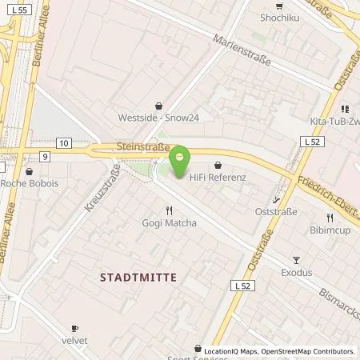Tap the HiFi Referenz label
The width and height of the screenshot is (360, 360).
pyautogui.click(x=217, y=180)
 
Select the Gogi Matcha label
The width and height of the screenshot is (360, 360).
pyautogui.click(x=169, y=223)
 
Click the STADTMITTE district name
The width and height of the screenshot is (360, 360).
pyautogui.click(x=138, y=276)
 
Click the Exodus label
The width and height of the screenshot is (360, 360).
pyautogui.click(x=296, y=273)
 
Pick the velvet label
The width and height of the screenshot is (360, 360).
pyautogui.click(x=75, y=342)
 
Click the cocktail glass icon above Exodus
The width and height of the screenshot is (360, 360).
pyautogui.click(x=296, y=259)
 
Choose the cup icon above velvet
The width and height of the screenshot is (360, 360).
pyautogui.click(x=75, y=328)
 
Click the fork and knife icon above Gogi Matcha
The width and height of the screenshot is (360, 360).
pyautogui.click(x=169, y=210)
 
